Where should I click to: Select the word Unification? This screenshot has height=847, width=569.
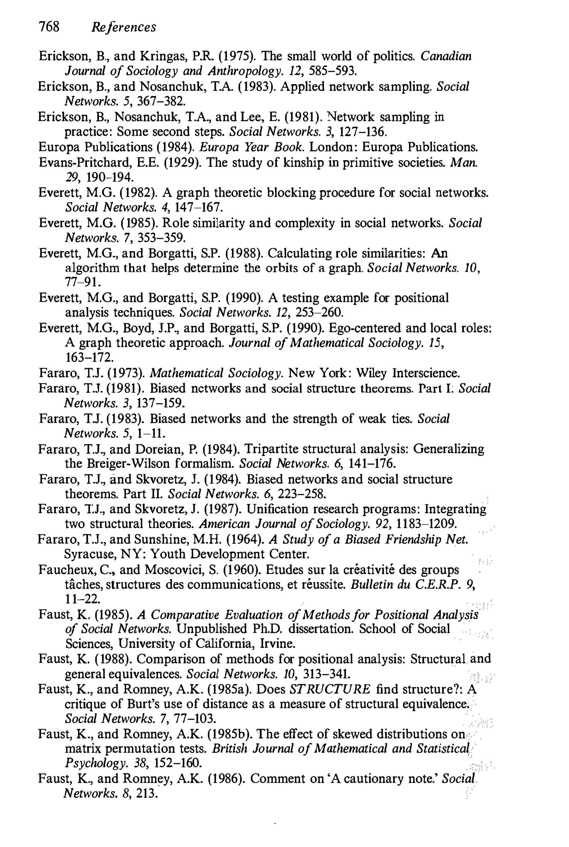point(278,509)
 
